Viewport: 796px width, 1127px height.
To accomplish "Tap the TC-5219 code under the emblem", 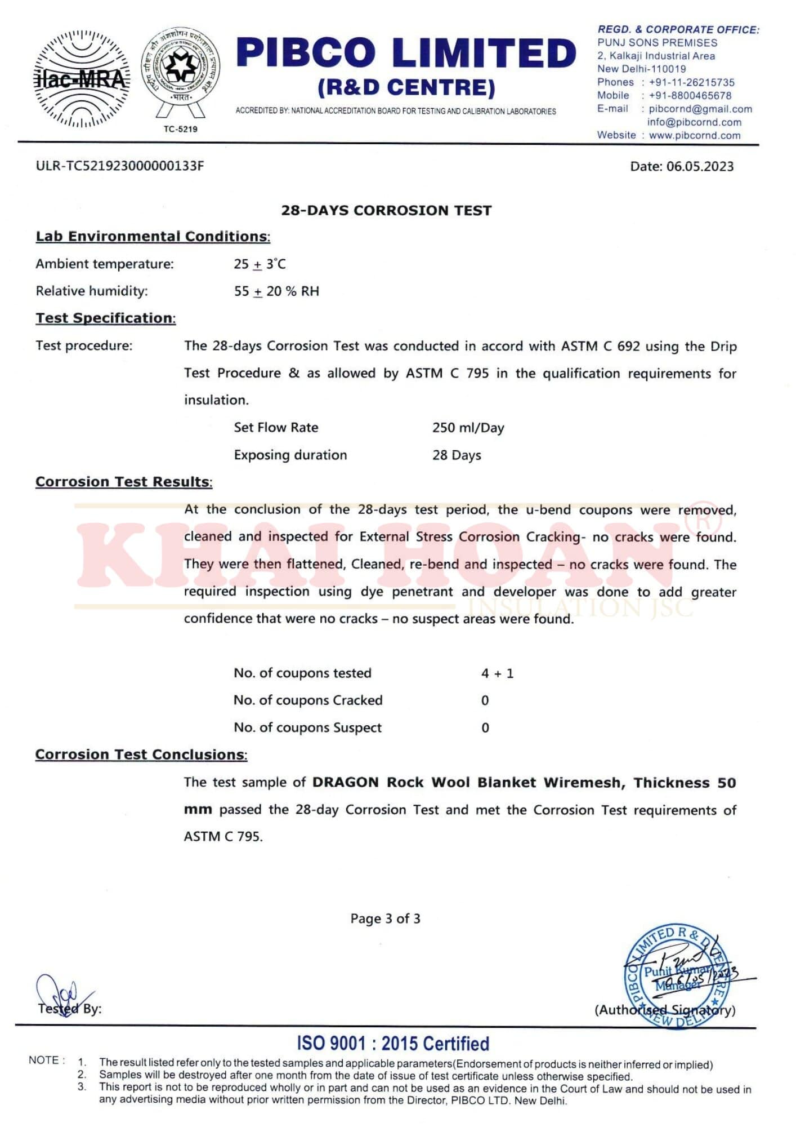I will [180, 129].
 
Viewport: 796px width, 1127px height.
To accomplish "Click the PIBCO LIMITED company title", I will [406, 53].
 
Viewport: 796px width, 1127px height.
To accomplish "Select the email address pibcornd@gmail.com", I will [700, 109].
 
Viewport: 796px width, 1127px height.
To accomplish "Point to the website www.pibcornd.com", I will [694, 135].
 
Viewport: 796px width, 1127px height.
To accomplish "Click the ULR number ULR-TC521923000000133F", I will [119, 166].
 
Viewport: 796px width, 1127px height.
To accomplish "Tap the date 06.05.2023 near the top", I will [700, 166].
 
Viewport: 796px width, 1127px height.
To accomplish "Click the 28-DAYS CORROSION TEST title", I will [386, 210].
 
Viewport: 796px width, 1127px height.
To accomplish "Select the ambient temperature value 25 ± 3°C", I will [260, 264].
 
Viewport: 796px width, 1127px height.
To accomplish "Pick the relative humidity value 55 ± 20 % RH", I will [276, 291].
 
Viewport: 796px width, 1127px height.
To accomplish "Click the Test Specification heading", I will [106, 318].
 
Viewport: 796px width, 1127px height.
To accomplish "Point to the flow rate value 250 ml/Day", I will [468, 428].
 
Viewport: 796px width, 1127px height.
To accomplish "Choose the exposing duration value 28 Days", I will [457, 455].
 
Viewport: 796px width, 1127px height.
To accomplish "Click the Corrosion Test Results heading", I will [124, 482].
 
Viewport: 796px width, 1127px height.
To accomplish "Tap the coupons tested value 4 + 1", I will [497, 673].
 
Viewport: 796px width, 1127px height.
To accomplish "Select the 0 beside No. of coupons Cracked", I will [485, 700].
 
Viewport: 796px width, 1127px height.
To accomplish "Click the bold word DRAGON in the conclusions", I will [345, 783].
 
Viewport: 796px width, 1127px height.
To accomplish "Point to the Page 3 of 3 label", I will [385, 919].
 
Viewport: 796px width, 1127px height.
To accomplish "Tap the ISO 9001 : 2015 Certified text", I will [393, 1044].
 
